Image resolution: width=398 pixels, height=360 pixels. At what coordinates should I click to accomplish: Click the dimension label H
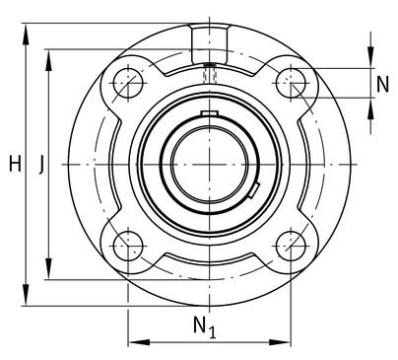(15, 164)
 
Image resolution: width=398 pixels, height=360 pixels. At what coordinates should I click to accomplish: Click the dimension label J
(41, 165)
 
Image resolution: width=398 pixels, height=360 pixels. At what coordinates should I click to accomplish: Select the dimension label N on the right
(382, 84)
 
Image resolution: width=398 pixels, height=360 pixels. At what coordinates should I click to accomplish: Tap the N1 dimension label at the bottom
(205, 327)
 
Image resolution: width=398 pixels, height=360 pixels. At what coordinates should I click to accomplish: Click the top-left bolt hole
(128, 83)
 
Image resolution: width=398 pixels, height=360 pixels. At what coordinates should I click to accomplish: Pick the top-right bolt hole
(291, 83)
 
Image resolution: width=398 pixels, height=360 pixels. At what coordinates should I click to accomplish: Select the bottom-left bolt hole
(128, 246)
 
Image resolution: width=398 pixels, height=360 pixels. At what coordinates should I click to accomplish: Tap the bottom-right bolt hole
(291, 246)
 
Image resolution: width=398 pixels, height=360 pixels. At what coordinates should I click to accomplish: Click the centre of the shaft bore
(210, 165)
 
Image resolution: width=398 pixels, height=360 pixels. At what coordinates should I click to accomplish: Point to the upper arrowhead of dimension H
(26, 34)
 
